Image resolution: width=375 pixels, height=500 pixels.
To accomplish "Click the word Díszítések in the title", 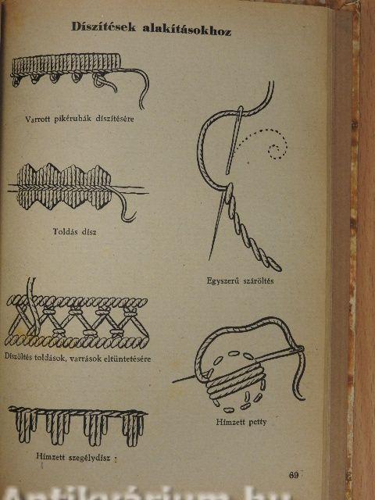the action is coord(104,27).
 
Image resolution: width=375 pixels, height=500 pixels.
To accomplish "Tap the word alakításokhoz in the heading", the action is coord(187,30).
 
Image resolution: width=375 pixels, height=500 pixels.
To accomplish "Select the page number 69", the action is coord(294,475).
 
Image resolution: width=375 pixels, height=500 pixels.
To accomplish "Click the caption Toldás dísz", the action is coord(75,231).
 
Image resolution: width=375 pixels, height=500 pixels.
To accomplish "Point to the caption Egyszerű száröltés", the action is coord(240,281).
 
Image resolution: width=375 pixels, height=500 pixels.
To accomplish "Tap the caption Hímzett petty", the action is coord(241,422).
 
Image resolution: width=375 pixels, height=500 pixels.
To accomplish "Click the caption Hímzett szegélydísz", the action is coord(73,457).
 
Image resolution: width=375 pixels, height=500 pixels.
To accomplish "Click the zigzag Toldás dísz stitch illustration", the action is coord(64,187).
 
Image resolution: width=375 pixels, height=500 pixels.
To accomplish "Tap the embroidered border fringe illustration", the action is coord(77,426).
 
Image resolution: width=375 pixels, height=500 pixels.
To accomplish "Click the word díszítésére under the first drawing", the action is coord(115,120).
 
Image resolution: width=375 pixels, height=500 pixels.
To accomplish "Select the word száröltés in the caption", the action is coord(259,281).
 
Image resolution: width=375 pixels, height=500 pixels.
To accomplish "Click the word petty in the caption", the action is coord(257,422).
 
